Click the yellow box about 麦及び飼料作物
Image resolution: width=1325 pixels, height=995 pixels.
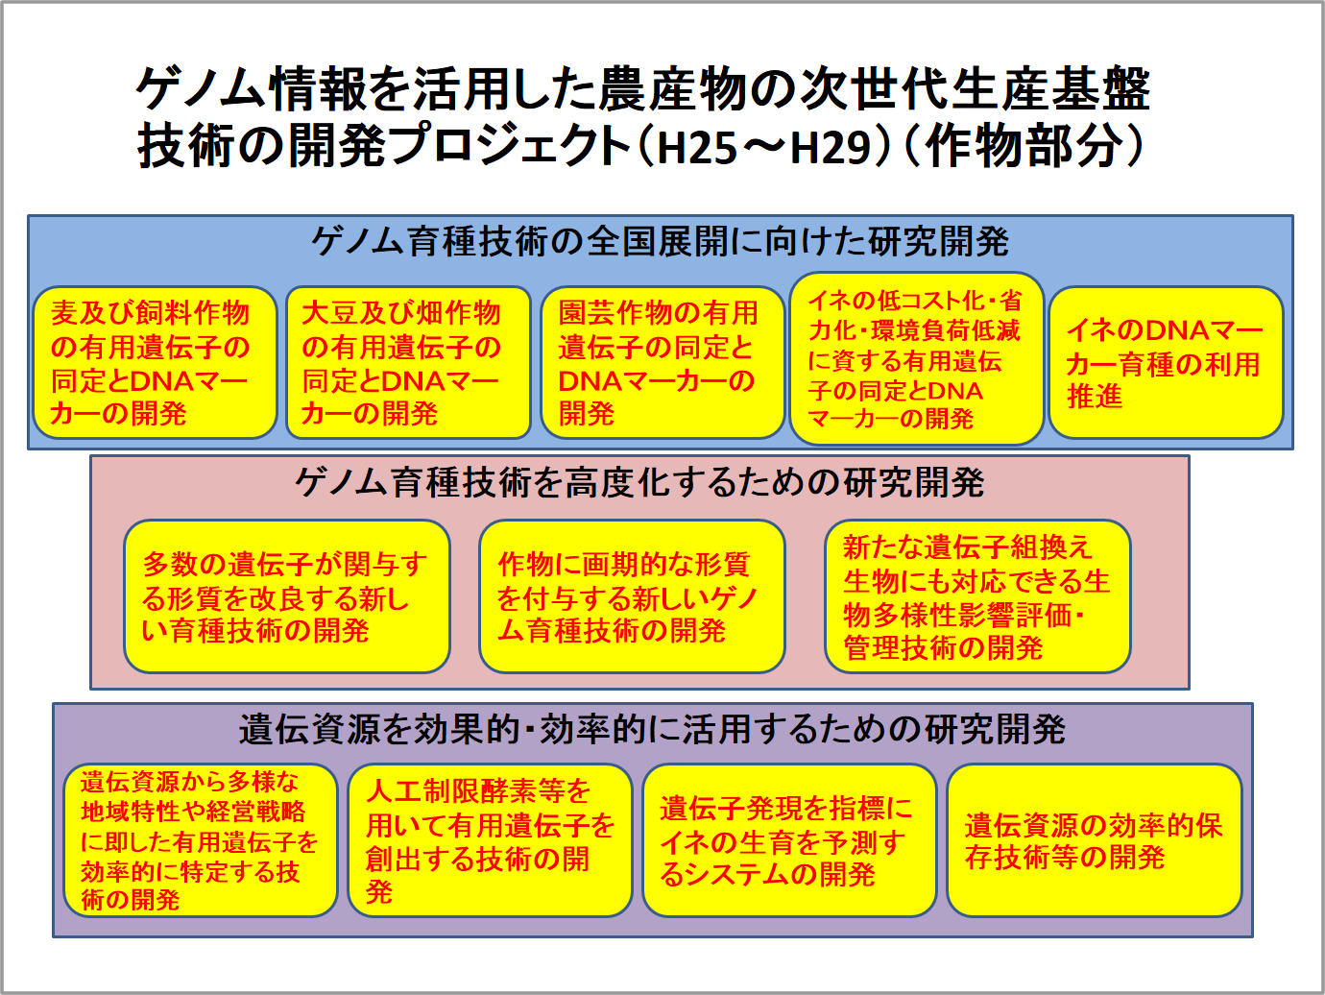coord(155,362)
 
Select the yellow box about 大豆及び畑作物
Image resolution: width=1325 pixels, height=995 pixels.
coord(408,362)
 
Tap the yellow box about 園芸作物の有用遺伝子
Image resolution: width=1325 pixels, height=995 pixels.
coord(662,362)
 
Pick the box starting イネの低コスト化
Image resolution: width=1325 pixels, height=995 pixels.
coord(917,358)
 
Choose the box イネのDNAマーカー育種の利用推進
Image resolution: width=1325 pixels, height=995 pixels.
coord(1167,362)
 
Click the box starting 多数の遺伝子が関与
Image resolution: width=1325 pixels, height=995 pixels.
coord(287,596)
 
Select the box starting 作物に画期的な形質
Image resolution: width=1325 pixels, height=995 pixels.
coord(632,596)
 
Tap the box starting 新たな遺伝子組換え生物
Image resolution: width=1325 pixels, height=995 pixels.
coord(977,596)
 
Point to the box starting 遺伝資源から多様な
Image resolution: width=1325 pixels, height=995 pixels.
coord(201,840)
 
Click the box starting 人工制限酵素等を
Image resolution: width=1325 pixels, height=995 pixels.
coord(491,840)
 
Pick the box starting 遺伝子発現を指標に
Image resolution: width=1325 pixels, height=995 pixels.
coord(789,840)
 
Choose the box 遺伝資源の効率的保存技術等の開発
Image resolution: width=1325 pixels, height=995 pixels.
coord(1095,840)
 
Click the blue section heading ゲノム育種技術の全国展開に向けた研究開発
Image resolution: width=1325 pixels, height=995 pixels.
coord(660,241)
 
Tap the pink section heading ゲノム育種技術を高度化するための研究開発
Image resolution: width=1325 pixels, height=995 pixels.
coord(639,482)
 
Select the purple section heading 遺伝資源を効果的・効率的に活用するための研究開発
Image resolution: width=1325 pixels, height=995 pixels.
coord(652,729)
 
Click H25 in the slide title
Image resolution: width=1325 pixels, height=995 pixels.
coord(697,149)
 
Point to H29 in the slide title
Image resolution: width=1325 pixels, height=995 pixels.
coord(831,149)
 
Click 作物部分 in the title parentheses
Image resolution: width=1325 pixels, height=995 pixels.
coord(1023,147)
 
